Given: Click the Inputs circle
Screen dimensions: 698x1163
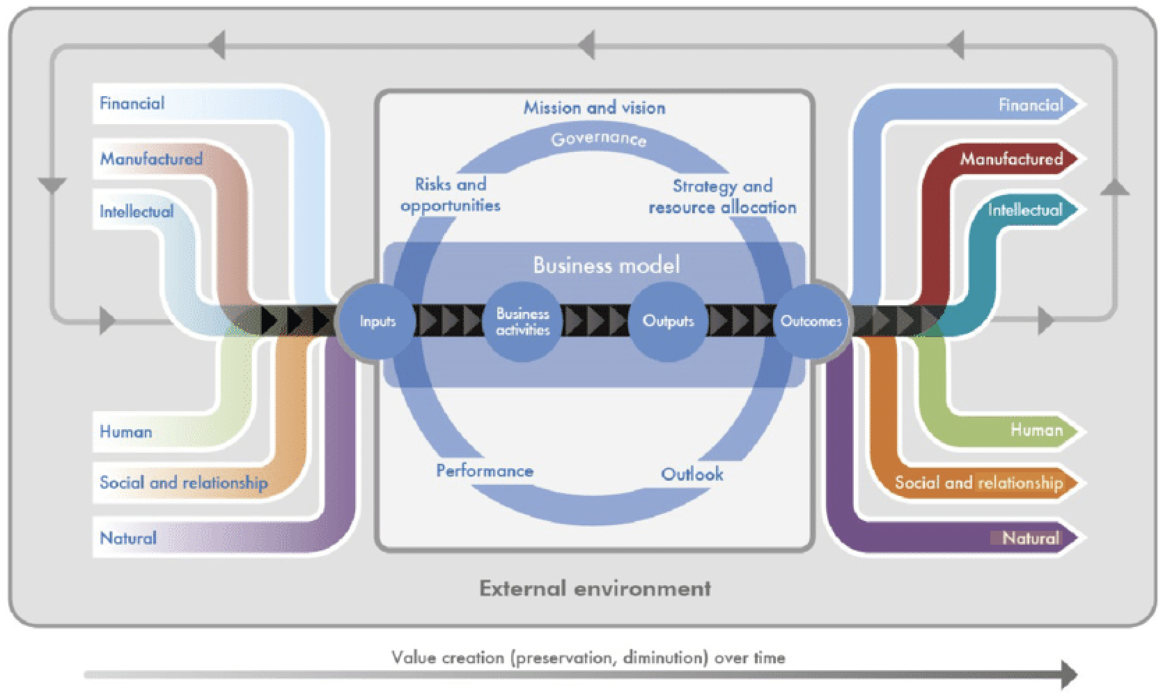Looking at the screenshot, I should (377, 321).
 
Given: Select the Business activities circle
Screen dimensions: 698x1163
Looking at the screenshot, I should (522, 322).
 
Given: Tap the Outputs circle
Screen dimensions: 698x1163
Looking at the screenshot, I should (668, 321).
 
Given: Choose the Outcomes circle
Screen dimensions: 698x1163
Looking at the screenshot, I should (811, 321).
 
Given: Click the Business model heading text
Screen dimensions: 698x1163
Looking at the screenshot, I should (606, 265).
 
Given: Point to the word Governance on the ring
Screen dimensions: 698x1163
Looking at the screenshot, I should (598, 139).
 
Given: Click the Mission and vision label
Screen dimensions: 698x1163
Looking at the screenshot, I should (594, 108).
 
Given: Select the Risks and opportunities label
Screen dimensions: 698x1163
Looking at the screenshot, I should (450, 195).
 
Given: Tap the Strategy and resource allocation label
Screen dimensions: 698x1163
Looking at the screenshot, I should (722, 196).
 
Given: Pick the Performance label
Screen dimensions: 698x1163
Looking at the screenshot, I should (485, 471).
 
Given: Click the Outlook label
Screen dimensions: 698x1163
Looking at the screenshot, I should (692, 474).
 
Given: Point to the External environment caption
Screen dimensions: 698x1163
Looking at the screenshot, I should (595, 589).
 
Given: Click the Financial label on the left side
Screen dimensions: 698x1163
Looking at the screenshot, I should (132, 104).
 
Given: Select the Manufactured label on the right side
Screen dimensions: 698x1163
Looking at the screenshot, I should (1011, 159).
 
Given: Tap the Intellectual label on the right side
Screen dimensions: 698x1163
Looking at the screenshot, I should (1025, 210).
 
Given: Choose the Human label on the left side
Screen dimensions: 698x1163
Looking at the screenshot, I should (126, 432).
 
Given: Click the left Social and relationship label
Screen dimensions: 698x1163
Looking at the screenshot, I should (183, 483).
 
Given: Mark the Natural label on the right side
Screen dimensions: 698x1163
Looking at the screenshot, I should (1030, 538).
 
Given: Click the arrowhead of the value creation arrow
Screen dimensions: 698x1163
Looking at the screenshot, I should (1069, 674).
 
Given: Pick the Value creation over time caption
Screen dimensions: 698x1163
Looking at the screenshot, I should (588, 658).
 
